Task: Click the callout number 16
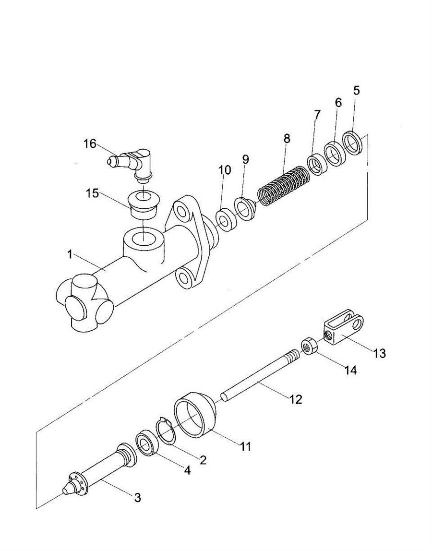click(89, 144)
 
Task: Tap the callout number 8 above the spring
click(287, 138)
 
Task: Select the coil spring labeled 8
click(284, 185)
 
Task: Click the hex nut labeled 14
click(310, 346)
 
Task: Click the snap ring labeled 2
click(164, 431)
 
